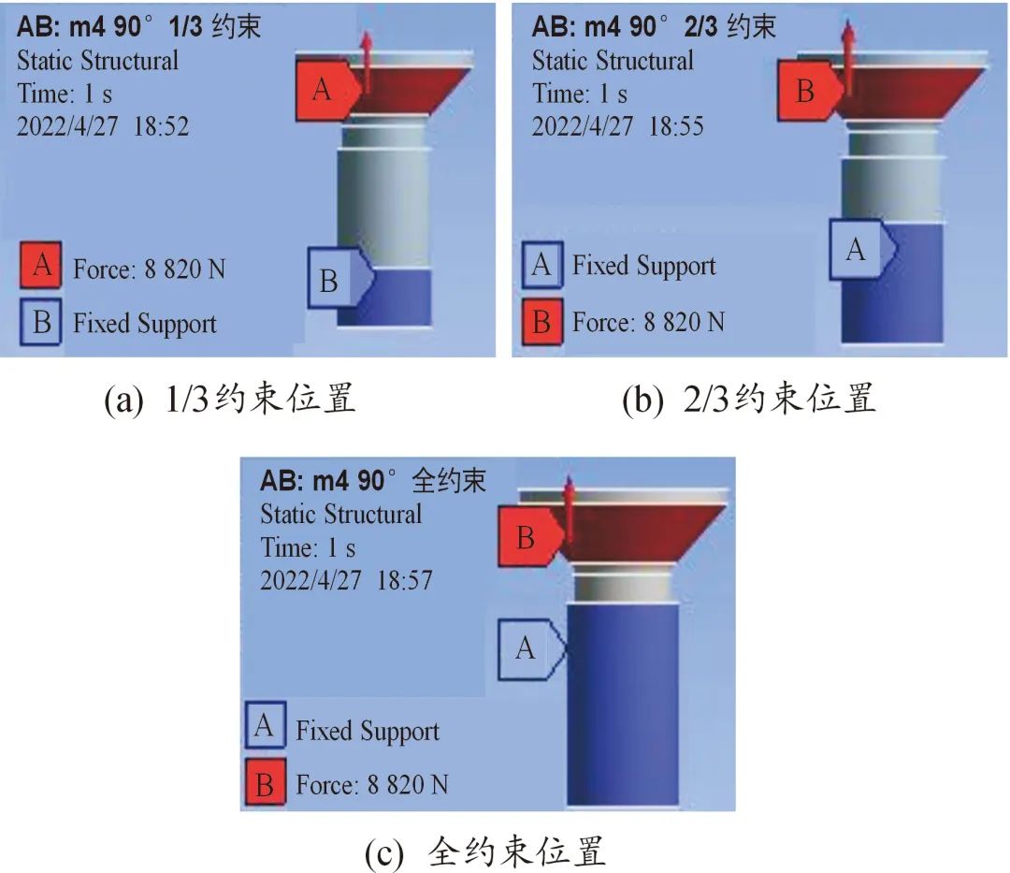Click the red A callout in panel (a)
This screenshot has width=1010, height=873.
[x=324, y=91]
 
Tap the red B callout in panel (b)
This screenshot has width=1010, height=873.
[x=805, y=91]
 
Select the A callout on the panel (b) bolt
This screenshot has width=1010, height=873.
[x=857, y=250]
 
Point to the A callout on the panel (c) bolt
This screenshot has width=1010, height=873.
[x=527, y=647]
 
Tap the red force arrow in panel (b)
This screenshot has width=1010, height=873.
[x=848, y=56]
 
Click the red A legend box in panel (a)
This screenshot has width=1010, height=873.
[x=41, y=269]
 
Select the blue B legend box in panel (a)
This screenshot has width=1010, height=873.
[x=41, y=323]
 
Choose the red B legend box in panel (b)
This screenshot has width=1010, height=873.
[x=541, y=323]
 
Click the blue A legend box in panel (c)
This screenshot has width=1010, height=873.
[x=265, y=726]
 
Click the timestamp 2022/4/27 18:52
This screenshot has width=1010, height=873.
[x=103, y=126]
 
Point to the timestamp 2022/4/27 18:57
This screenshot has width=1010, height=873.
[x=346, y=580]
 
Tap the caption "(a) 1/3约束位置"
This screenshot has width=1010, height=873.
[x=230, y=400]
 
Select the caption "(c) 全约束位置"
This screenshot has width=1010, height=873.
[x=485, y=850]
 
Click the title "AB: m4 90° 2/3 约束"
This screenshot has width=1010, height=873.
[x=654, y=25]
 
